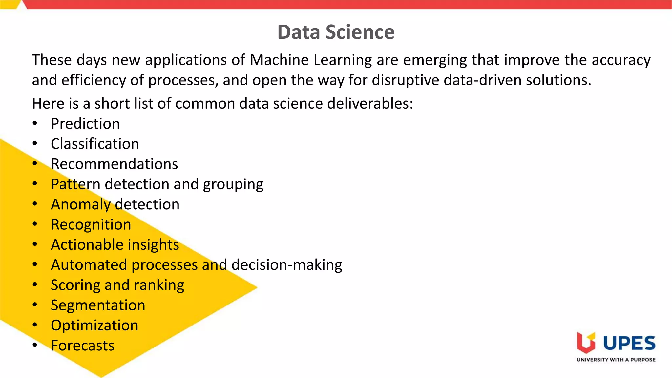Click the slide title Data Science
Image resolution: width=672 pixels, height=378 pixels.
(336, 32)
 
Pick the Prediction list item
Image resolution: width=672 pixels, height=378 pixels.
(85, 124)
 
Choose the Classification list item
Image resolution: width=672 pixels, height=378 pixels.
(95, 144)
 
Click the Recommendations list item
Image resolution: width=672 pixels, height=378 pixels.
(114, 164)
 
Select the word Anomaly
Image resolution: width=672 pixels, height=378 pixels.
(81, 205)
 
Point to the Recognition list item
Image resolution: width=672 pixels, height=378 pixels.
(91, 225)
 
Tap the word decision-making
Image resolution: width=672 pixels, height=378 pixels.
(286, 265)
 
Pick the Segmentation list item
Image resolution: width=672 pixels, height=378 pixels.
(98, 305)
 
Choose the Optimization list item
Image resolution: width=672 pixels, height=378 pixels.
(94, 325)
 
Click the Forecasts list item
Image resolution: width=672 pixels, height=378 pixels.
(82, 346)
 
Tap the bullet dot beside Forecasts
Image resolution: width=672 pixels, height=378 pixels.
(35, 345)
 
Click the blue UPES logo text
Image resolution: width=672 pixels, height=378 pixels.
(629, 343)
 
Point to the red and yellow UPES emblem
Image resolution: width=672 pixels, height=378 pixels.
(586, 343)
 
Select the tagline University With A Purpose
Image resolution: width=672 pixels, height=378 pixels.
(616, 360)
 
